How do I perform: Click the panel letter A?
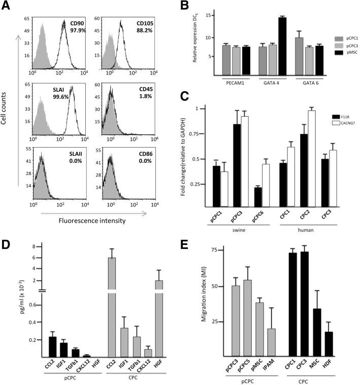6,6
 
